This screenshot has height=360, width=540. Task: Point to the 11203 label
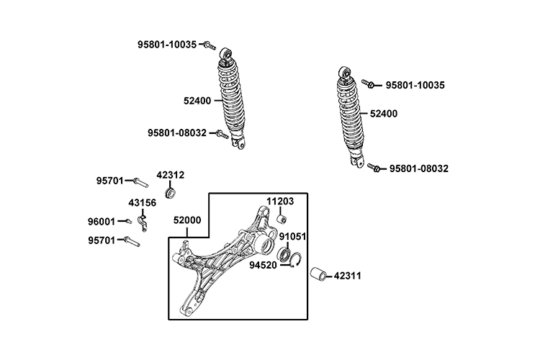(281, 202)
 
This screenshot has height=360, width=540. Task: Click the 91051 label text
(294, 235)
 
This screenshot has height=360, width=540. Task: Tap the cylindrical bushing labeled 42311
(318, 274)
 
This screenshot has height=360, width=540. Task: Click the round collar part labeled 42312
(172, 192)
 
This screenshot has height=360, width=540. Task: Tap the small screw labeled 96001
(127, 222)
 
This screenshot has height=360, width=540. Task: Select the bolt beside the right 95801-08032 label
(374, 168)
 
